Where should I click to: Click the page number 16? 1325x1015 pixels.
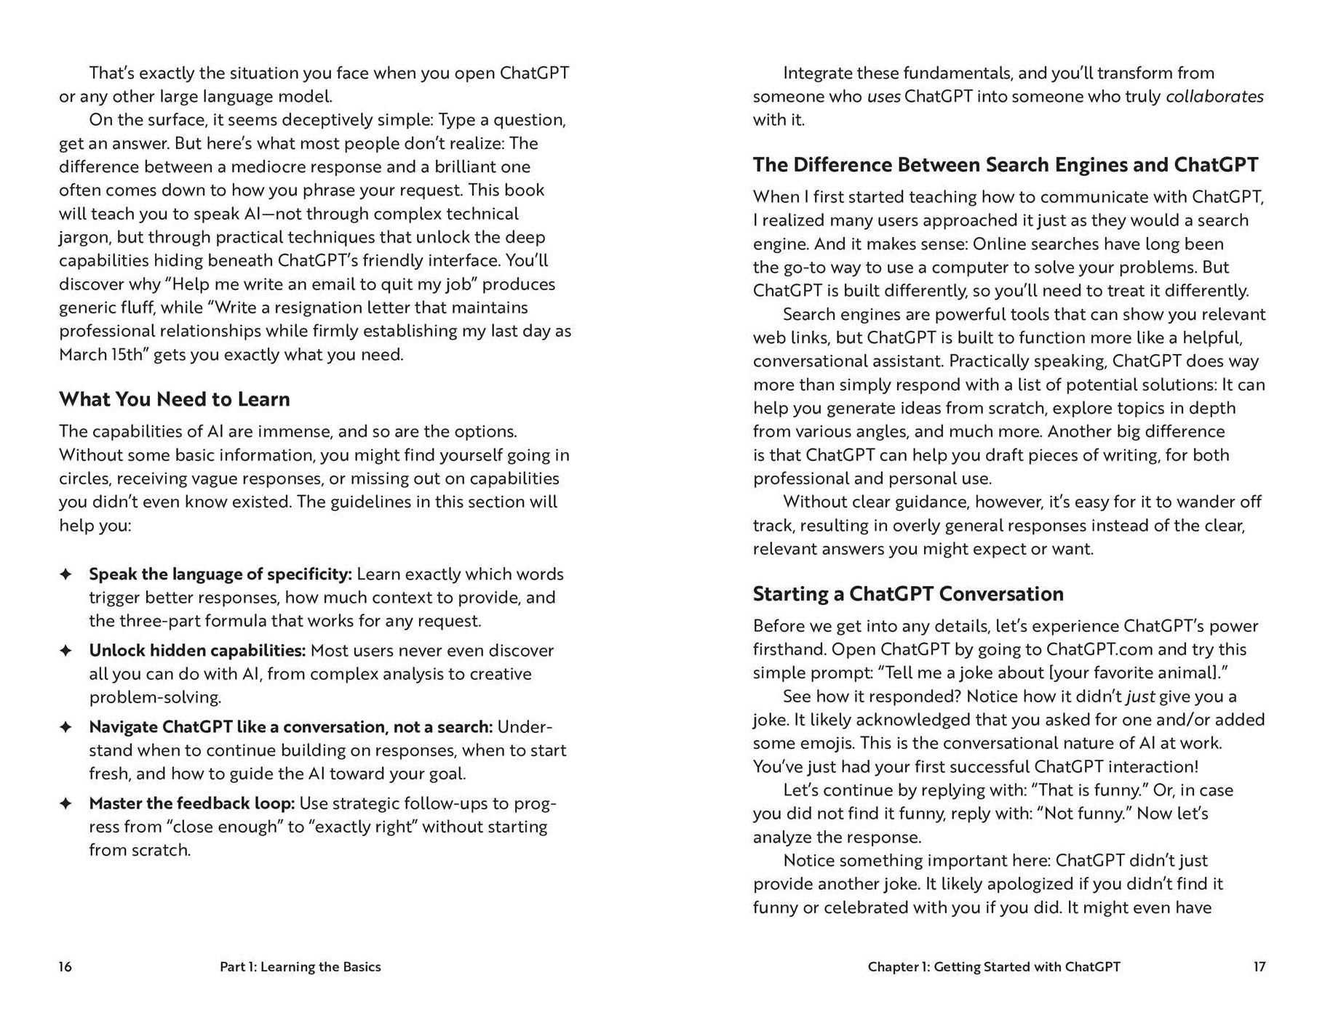[65, 966]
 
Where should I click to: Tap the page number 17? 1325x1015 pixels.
[1259, 966]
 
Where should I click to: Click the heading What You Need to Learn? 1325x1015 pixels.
[175, 399]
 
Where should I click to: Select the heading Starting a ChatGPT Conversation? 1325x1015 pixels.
[907, 594]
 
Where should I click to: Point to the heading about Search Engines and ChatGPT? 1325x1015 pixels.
[1005, 165]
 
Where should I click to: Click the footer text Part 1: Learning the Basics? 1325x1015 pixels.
[300, 966]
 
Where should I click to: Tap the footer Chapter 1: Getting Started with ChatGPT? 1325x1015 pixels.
[993, 966]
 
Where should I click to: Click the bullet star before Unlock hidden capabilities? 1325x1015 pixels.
[65, 651]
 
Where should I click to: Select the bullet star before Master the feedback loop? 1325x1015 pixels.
[65, 803]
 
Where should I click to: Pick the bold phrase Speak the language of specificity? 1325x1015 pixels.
[220, 574]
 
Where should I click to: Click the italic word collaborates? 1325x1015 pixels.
[1214, 97]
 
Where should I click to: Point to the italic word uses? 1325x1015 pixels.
[883, 97]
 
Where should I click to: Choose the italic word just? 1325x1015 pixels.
[1140, 697]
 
